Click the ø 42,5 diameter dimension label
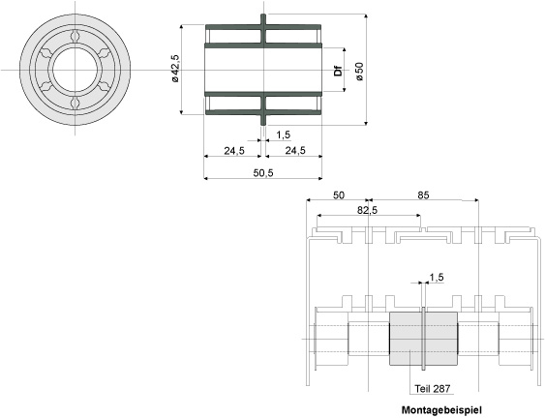pos(174,69)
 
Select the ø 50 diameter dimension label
pos(359,72)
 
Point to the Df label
pos(338,71)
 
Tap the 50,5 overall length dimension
pos(263,172)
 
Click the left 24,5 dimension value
pos(234,150)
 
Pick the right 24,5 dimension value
pos(295,150)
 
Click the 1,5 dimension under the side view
pos(284,134)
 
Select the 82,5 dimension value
pos(368,210)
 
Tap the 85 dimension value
pos(423,195)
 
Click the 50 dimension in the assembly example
pos(339,195)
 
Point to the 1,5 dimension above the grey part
pos(437,278)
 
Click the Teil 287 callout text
pos(433,388)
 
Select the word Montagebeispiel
pos(441,410)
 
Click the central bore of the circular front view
pos(76,70)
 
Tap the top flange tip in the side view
pos(263,15)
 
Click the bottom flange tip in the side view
pos(263,123)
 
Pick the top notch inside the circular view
pos(76,36)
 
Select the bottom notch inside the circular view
pos(76,103)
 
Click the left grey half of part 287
pos(406,339)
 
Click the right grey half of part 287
pos(441,339)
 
